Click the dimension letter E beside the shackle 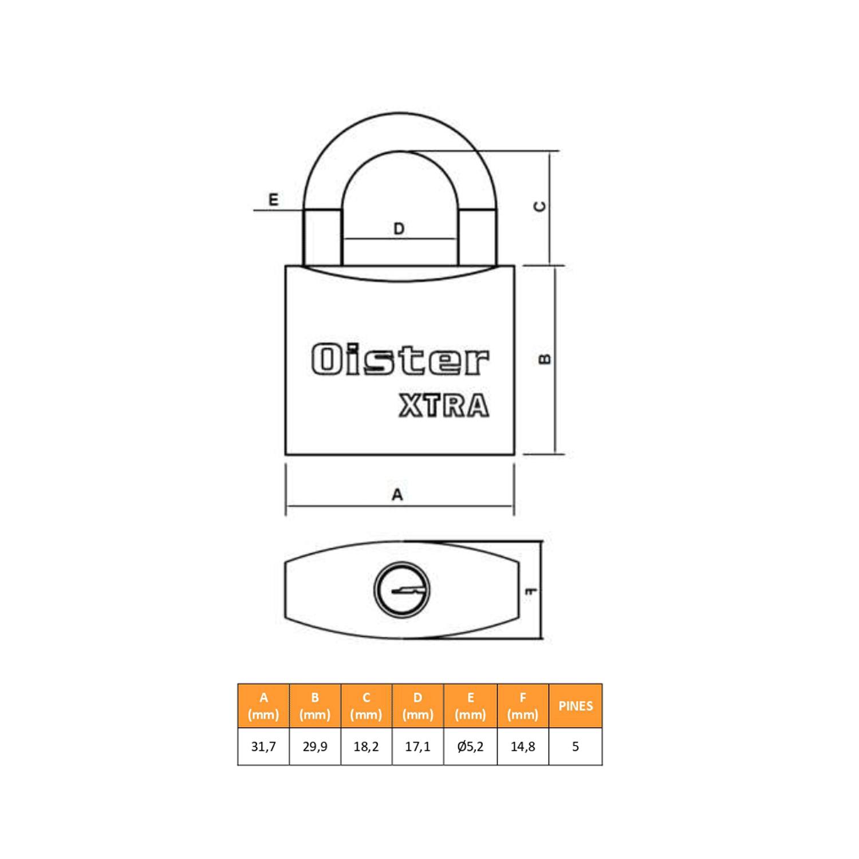(274, 199)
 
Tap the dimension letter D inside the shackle (399, 229)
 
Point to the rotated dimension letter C (539, 206)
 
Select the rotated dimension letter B (545, 359)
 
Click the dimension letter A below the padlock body (397, 495)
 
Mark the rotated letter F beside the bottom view (531, 590)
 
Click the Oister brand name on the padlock (400, 360)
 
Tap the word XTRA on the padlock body (444, 405)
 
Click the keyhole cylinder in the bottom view (402, 590)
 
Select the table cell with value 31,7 (263, 747)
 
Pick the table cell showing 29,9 (315, 747)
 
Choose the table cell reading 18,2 (366, 747)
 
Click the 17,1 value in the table (417, 747)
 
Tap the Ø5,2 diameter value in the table (470, 747)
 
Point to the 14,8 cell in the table (523, 747)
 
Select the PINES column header (576, 706)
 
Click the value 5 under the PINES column (576, 747)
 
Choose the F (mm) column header (523, 706)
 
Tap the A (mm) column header (263, 706)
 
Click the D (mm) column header (417, 706)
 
